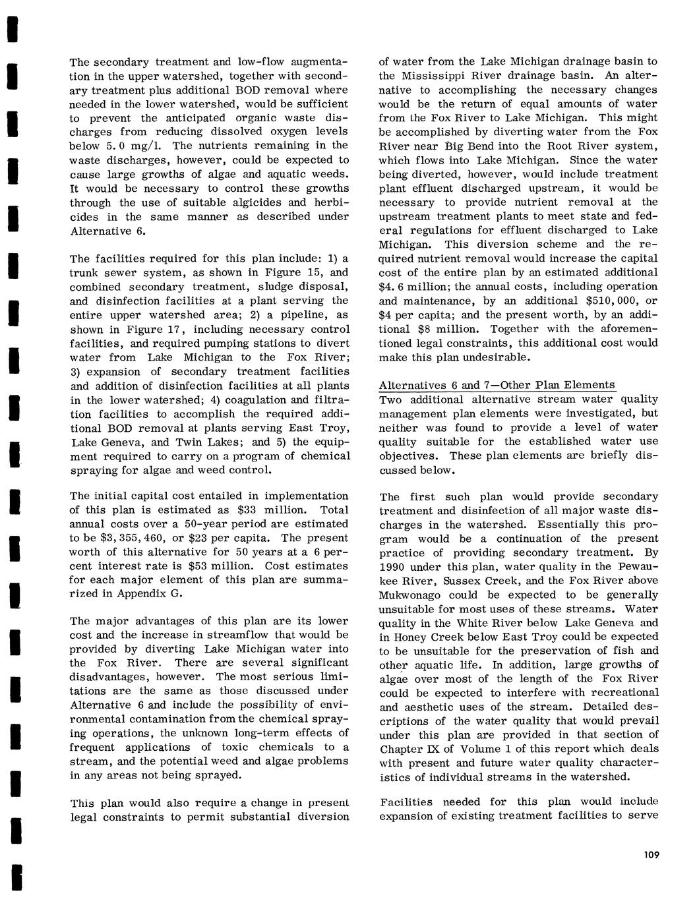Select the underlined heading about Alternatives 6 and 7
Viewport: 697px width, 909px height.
497,385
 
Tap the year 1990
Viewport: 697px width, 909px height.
394,567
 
